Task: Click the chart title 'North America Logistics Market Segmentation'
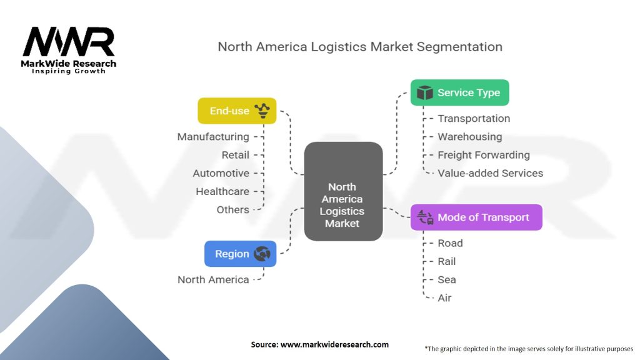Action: [359, 47]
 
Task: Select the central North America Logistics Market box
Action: [342, 192]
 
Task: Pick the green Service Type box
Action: [459, 92]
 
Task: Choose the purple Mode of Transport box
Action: [476, 217]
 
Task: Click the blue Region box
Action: [240, 254]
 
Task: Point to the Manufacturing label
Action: [213, 137]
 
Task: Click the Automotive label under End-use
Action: [221, 173]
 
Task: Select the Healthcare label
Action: [222, 191]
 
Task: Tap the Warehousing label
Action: [469, 137]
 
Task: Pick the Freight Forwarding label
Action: [483, 155]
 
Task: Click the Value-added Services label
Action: [490, 173]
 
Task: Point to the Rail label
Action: [446, 261]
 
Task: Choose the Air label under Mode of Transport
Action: [444, 297]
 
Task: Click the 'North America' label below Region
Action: [213, 279]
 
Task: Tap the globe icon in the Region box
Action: [262, 254]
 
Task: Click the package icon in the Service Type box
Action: [425, 92]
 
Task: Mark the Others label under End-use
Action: [232, 209]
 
